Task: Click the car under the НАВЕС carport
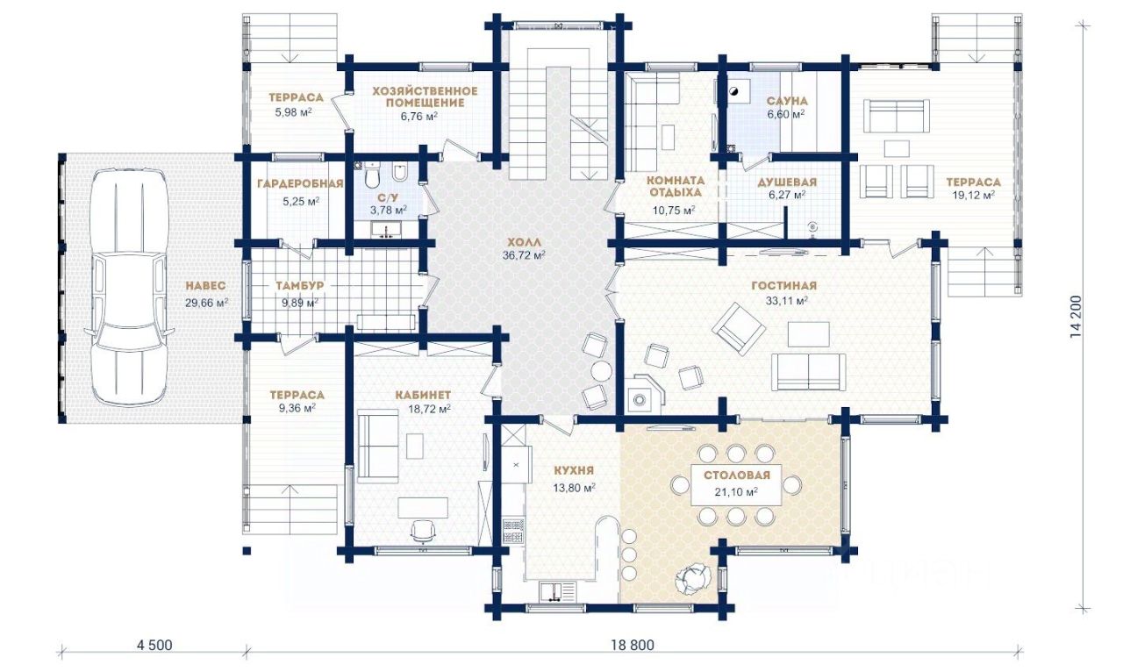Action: click(x=129, y=287)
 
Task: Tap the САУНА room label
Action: click(x=787, y=101)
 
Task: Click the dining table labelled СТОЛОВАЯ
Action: click(x=736, y=485)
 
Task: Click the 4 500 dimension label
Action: click(x=154, y=645)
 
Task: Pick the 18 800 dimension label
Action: click(x=633, y=645)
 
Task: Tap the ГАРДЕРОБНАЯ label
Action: click(x=300, y=184)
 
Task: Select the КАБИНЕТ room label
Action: click(x=423, y=395)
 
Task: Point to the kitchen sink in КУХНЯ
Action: click(x=557, y=591)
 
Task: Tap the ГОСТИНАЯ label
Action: click(x=784, y=286)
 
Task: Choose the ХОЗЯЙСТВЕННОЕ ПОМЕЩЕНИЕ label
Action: click(x=425, y=97)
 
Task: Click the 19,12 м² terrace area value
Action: click(x=974, y=196)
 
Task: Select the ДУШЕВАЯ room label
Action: click(x=787, y=182)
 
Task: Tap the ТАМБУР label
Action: click(x=300, y=286)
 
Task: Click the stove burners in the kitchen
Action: click(x=513, y=532)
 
